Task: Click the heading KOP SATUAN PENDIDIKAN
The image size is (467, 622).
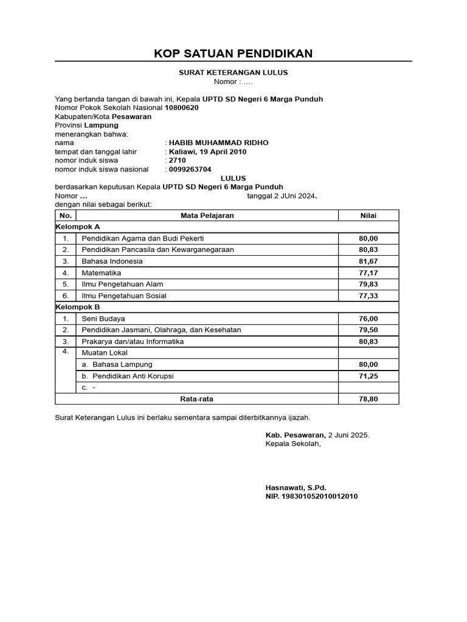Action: (233, 53)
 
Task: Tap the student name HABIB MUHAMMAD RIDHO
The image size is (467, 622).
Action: (218, 143)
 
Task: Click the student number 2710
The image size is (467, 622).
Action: (178, 160)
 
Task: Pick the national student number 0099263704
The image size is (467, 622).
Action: (190, 169)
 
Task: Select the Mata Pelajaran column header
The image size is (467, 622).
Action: (207, 216)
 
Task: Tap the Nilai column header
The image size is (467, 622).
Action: (368, 216)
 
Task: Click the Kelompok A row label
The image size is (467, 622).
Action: (78, 227)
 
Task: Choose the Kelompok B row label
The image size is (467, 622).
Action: (78, 307)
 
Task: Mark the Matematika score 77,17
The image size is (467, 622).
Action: (368, 273)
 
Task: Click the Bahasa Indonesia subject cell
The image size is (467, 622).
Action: (112, 261)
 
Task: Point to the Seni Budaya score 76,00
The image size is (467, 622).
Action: (368, 318)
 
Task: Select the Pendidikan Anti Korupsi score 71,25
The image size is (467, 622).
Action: (368, 376)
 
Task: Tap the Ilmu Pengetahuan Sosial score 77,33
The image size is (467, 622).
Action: (368, 296)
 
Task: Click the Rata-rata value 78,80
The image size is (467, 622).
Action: (368, 399)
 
